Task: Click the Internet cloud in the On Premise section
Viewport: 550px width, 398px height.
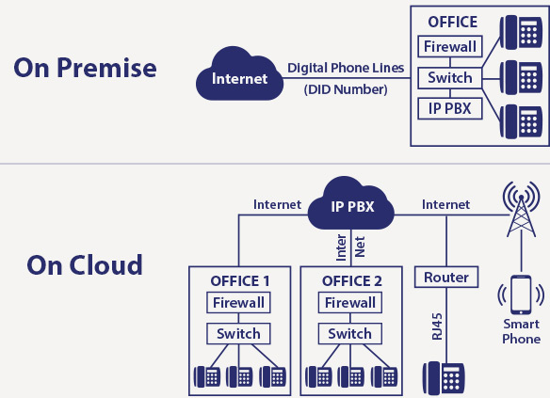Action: click(239, 74)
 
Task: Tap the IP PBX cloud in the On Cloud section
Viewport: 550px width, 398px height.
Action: click(351, 204)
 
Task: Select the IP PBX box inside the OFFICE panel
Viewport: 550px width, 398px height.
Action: click(450, 108)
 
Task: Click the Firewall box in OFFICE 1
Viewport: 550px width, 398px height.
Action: click(238, 302)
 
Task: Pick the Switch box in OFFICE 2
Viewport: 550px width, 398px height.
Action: click(350, 333)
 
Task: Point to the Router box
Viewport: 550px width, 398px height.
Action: click(446, 278)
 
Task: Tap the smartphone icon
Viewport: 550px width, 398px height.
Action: click(521, 295)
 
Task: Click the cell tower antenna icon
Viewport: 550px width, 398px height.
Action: click(521, 210)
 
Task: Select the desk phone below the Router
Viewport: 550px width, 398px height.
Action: click(444, 377)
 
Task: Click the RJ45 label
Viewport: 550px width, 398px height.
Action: click(437, 326)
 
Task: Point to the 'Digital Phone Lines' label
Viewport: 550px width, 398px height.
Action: click(346, 68)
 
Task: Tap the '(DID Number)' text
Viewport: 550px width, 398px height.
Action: click(346, 89)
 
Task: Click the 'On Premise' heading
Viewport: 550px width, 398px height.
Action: click(86, 68)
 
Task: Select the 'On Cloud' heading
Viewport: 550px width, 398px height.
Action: click(85, 265)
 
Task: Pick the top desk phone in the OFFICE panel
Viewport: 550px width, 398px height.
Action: click(521, 32)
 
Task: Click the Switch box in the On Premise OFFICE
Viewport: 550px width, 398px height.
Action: click(450, 78)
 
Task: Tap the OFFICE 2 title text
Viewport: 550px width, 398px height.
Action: click(352, 281)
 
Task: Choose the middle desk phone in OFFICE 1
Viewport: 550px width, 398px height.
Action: click(239, 376)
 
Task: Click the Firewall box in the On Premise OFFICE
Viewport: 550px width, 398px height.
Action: click(450, 46)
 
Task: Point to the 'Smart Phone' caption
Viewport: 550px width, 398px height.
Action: click(521, 331)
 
